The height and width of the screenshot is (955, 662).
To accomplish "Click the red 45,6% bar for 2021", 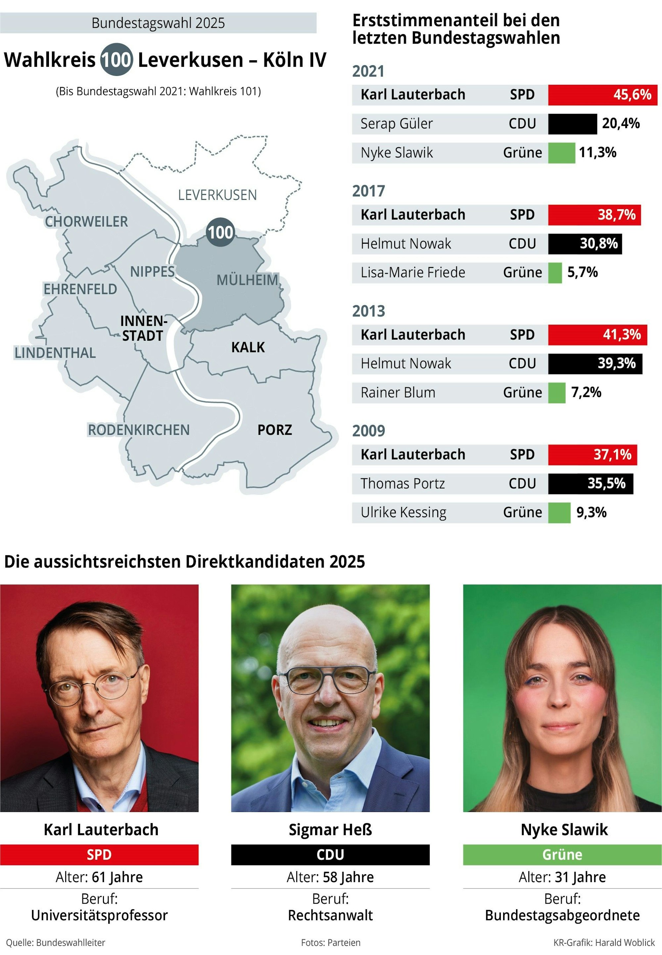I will [x=602, y=95].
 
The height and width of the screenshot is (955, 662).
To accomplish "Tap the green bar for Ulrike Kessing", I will [x=559, y=512].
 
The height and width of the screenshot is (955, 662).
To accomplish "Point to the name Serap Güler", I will [x=396, y=124].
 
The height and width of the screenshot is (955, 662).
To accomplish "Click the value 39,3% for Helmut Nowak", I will [x=616, y=363].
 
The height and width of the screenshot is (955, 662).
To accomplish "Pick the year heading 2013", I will [x=368, y=311].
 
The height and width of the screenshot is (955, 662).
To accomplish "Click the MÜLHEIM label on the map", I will [x=247, y=280].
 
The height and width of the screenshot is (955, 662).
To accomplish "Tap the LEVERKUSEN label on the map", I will [x=217, y=195].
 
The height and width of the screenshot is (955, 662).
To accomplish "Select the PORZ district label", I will [x=275, y=430].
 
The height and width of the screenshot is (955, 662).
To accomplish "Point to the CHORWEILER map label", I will [x=86, y=222].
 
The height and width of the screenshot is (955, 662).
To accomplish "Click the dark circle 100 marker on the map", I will [x=220, y=232].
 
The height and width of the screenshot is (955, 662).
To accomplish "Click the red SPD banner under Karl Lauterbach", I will [x=99, y=855].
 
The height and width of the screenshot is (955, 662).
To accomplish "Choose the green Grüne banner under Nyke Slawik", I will [x=562, y=855].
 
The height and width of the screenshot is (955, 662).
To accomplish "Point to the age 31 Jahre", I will [x=580, y=877].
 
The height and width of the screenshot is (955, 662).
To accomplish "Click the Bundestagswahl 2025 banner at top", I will [x=158, y=23].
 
